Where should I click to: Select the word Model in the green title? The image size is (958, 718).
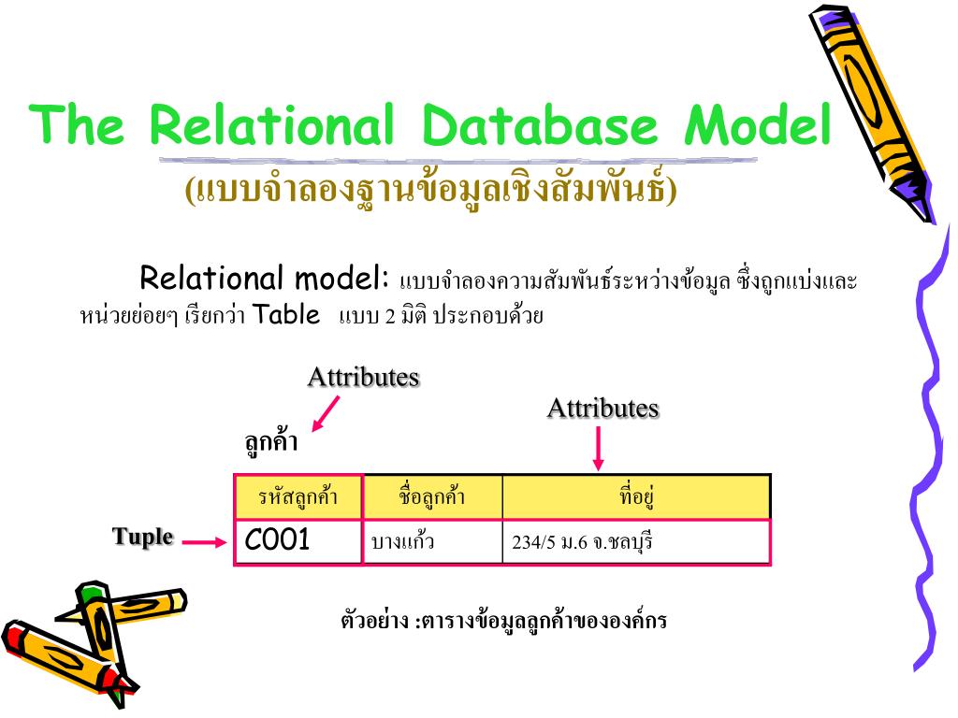click(758, 126)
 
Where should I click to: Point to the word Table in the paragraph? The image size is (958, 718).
click(287, 314)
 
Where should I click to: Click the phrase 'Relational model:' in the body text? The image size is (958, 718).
click(264, 278)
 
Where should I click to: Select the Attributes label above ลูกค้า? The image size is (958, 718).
click(363, 377)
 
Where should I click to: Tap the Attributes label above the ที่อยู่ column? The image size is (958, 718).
click(602, 408)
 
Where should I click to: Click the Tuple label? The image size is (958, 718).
click(143, 537)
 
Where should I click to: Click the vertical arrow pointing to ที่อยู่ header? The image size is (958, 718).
click(599, 449)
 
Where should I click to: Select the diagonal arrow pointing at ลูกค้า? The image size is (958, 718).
click(325, 412)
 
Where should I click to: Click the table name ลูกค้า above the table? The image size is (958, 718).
click(271, 442)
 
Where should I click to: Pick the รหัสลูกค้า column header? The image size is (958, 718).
click(298, 497)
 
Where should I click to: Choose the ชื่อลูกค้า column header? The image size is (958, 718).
click(431, 497)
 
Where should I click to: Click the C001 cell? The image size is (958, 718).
click(278, 540)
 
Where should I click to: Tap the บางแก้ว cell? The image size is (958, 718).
click(403, 541)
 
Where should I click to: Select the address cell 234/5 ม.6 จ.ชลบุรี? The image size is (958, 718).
click(581, 542)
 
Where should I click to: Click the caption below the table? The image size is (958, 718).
click(503, 621)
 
